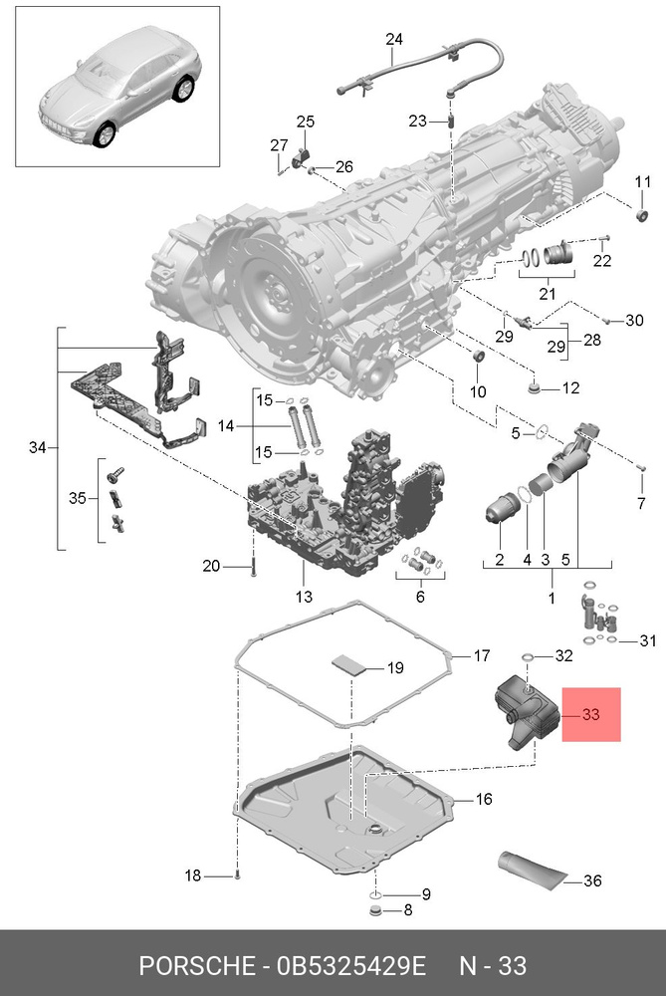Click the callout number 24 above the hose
[394, 40]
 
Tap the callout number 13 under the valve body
[303, 597]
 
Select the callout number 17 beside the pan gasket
[481, 656]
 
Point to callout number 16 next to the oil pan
[483, 799]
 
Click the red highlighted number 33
[591, 714]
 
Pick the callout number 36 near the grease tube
[592, 879]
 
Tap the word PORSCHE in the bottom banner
[194, 966]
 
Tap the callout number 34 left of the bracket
[38, 448]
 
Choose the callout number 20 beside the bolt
[211, 567]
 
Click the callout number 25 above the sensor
[305, 122]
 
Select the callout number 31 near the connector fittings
[648, 640]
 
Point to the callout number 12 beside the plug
[569, 387]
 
